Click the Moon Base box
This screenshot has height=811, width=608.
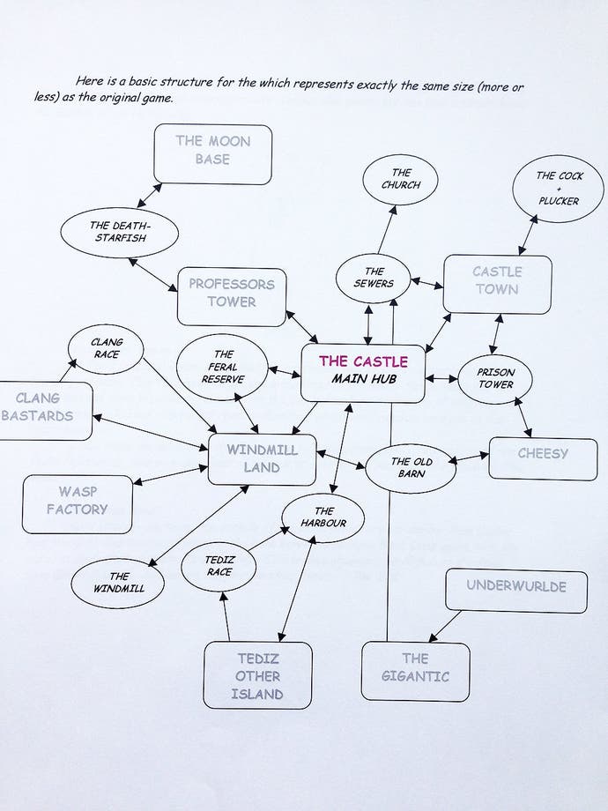212,154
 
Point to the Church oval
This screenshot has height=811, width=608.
401,179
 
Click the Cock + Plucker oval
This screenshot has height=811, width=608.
558,188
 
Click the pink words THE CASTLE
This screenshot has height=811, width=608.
363,361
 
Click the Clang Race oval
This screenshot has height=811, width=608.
106,347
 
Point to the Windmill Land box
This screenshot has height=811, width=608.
262,458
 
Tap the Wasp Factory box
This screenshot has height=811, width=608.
77,503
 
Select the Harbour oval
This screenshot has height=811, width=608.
323,517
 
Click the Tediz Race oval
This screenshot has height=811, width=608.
219,567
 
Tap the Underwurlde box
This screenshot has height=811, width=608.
515,590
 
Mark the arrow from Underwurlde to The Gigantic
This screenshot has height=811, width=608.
446,626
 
